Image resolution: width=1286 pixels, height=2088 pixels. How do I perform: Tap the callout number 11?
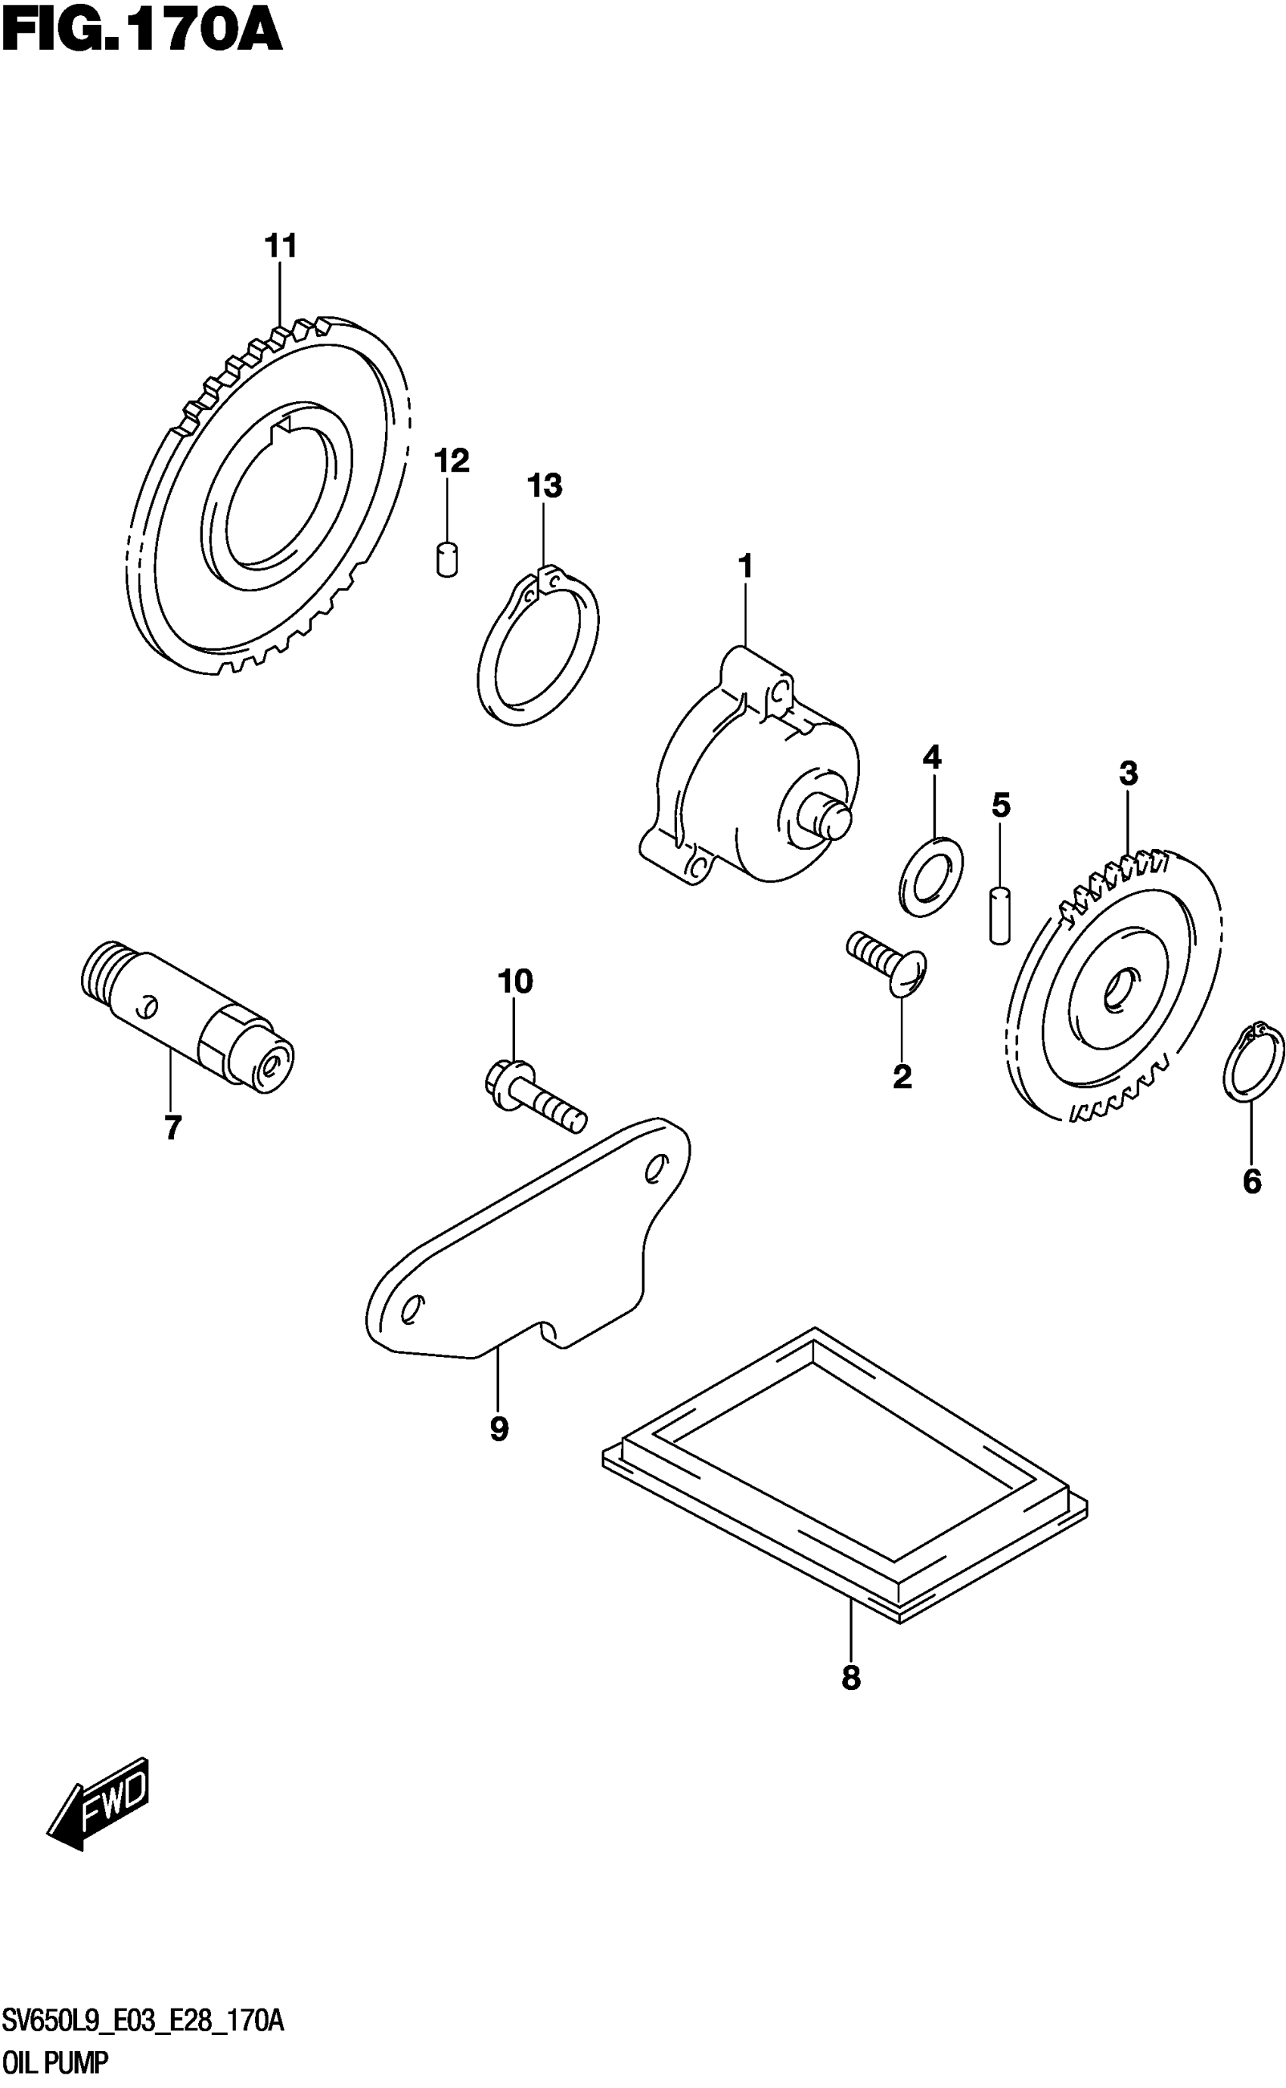281,247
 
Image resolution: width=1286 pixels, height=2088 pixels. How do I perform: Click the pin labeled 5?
1000,915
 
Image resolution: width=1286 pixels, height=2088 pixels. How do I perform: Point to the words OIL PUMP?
55,2062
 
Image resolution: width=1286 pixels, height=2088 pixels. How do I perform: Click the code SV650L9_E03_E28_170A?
143,2020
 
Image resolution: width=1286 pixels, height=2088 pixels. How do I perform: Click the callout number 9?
499,1429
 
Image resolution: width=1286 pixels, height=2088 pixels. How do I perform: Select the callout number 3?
1128,774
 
